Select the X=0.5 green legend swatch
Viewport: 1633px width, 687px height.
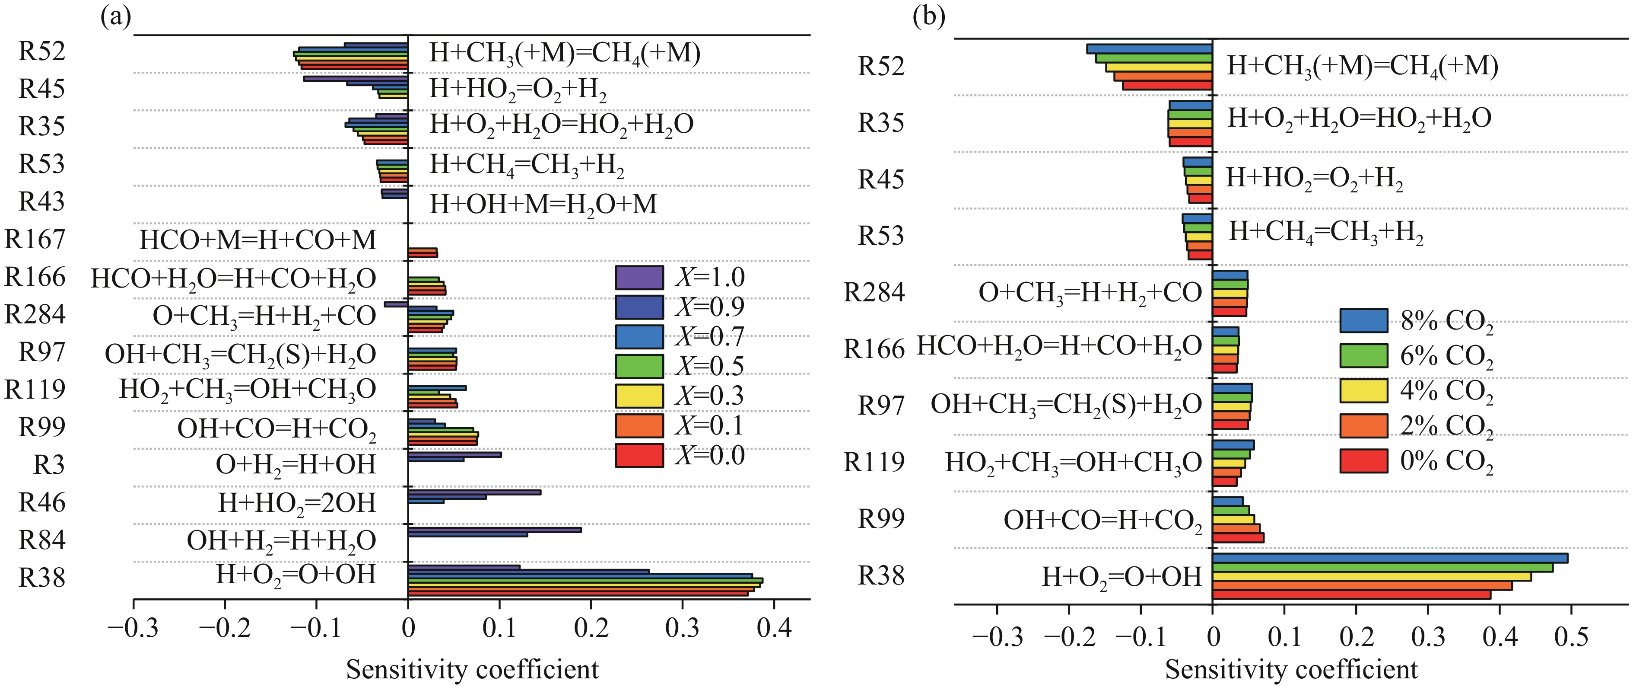[x=639, y=367]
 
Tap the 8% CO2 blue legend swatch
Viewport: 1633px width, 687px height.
[x=1363, y=320]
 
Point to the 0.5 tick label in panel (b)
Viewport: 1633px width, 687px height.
[x=1571, y=636]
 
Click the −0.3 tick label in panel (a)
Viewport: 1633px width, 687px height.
[x=133, y=628]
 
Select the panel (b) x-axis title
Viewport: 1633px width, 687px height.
[x=1291, y=670]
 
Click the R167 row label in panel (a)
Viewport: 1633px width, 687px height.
[x=35, y=239]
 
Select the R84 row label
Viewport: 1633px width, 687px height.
[x=42, y=540]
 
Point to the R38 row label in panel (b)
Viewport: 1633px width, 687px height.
[x=881, y=575]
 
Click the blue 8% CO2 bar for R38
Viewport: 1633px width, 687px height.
[x=1390, y=558]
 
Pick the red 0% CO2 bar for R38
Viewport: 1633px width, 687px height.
[x=1351, y=595]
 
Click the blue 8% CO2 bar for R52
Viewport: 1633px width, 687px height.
[x=1149, y=49]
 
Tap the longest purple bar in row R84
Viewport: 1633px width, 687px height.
[x=495, y=530]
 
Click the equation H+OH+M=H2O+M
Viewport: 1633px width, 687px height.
[x=543, y=204]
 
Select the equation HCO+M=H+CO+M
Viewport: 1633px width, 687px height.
[x=257, y=240]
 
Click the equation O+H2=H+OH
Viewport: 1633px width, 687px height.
[x=295, y=465]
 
